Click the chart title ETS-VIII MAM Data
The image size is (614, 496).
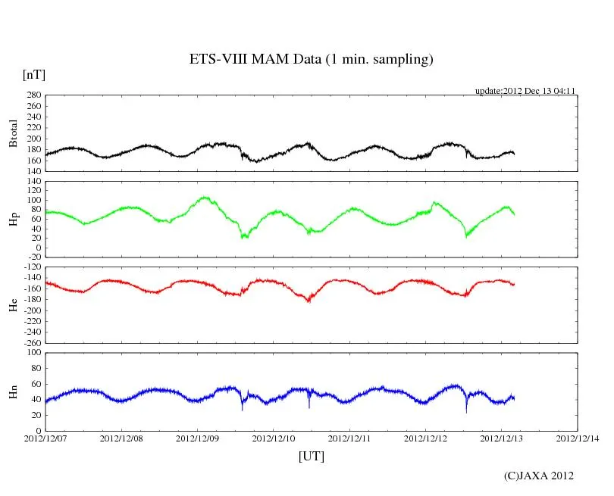(x=311, y=60)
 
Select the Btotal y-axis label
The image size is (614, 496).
(x=13, y=133)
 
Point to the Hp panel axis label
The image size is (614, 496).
(x=13, y=220)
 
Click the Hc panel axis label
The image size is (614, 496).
(x=13, y=305)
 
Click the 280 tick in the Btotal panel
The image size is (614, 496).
(x=32, y=95)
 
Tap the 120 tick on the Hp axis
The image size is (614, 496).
(x=32, y=182)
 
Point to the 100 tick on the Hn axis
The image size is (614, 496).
(x=32, y=353)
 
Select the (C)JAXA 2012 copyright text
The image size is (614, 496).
(x=539, y=476)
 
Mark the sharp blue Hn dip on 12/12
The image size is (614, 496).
(x=466, y=411)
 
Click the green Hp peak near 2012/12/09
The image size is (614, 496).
(x=204, y=198)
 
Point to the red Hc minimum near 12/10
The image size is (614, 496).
(x=309, y=301)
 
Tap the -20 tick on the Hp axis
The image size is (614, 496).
(x=32, y=257)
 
